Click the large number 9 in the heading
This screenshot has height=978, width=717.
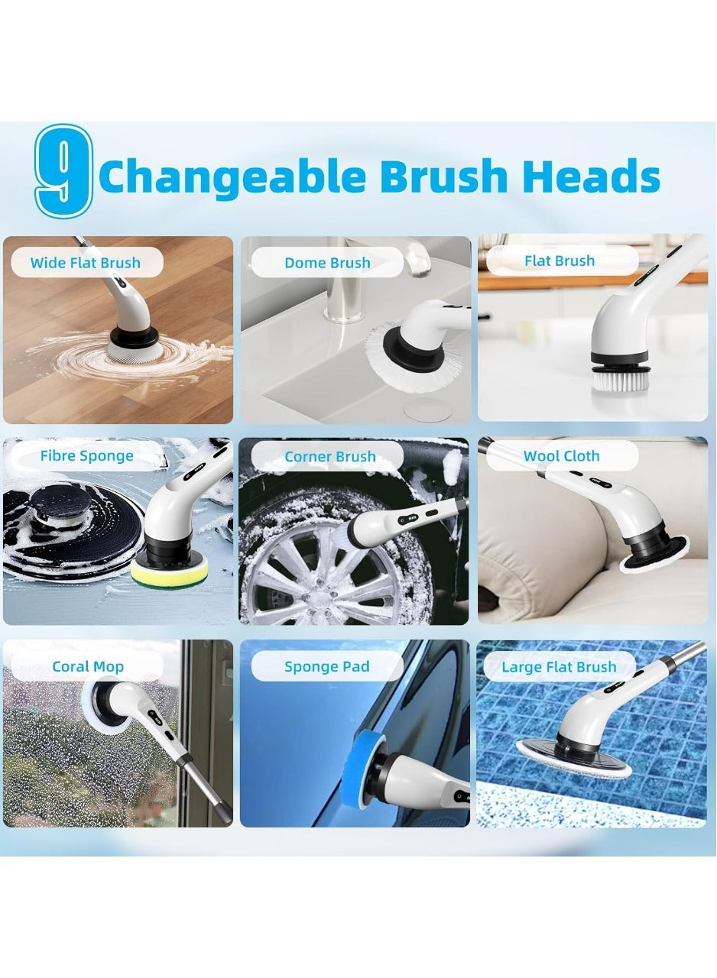(x=64, y=170)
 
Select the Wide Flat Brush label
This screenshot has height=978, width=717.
(x=86, y=263)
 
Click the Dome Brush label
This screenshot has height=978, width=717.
(x=327, y=263)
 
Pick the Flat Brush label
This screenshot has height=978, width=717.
(x=560, y=261)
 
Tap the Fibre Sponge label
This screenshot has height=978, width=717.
(x=87, y=456)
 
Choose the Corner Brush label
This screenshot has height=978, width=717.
(x=330, y=457)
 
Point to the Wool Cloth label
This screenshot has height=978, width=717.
(x=561, y=456)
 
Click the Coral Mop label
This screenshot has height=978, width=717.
(x=88, y=666)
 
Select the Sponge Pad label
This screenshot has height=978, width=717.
(x=327, y=666)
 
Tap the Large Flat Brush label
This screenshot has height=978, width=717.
(x=559, y=667)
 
